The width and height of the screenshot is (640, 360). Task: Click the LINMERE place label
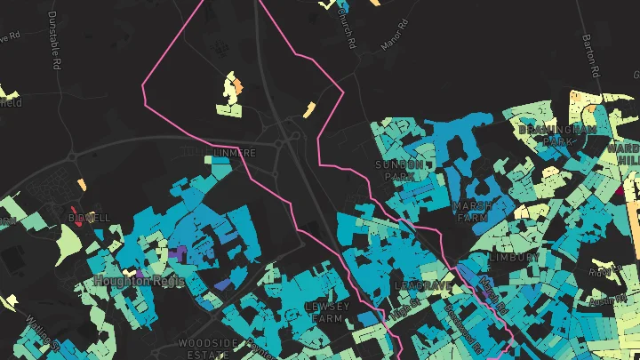coord(235,153)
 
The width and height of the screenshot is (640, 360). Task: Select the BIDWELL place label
coord(89,217)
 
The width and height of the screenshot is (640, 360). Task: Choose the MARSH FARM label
coord(472,212)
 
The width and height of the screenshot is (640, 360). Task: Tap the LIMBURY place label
coord(513,256)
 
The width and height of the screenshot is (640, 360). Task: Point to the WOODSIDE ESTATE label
coord(208,348)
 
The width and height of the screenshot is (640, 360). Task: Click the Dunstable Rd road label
coord(56,50)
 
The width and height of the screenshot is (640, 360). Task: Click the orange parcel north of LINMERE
coord(236,85)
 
